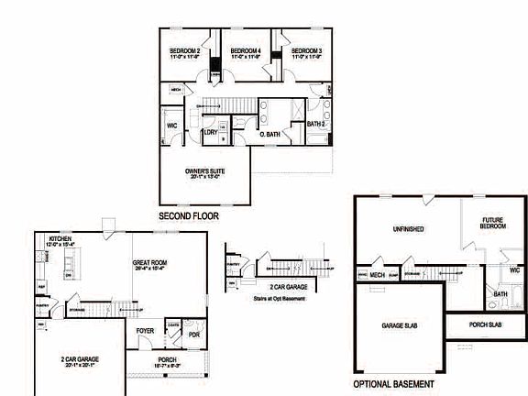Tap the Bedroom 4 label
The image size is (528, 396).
pos(246,50)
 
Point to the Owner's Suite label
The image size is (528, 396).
pos(205,170)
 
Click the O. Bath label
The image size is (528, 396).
pos(269,134)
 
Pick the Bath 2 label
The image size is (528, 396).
pos(316,124)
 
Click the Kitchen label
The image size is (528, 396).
pos(60,238)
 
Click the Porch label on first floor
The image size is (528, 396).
pos(167,359)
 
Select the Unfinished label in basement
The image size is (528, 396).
pos(407,228)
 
